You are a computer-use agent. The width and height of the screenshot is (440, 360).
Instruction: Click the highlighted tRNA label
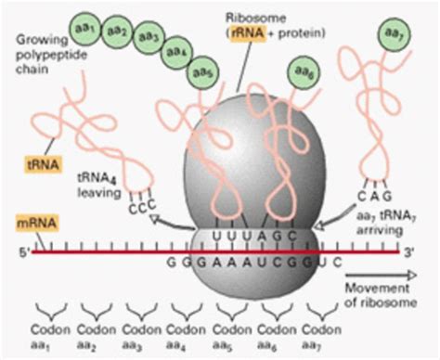click(43, 169)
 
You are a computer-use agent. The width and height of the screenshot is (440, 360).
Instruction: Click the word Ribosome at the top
click(278, 18)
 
